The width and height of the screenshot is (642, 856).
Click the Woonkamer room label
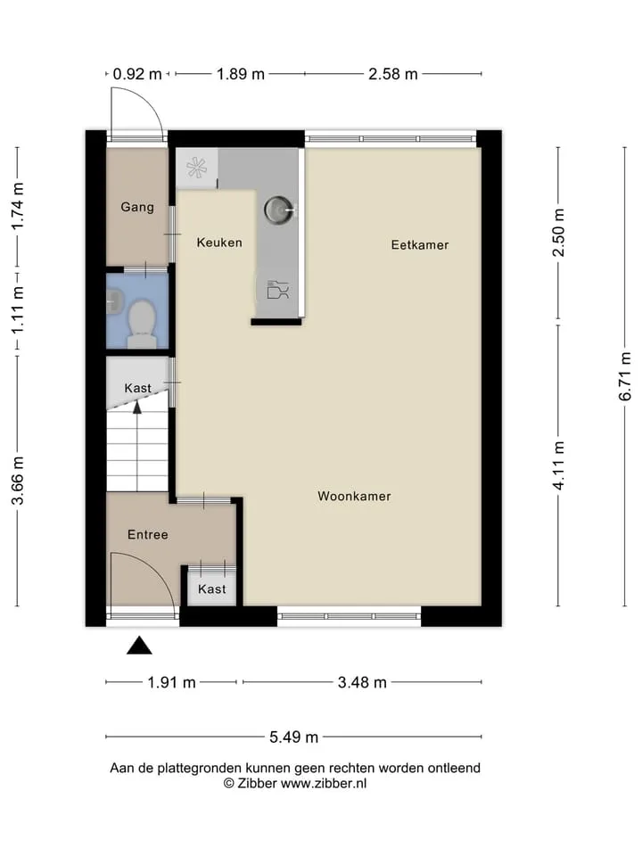point(354,497)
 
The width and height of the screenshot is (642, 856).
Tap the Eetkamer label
point(420,245)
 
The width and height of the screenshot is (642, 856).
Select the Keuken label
point(219,243)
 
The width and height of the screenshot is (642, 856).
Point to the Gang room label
point(137,208)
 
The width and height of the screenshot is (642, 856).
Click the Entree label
point(147,534)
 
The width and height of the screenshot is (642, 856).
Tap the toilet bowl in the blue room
point(142,324)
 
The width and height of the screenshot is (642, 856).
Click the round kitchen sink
point(279,209)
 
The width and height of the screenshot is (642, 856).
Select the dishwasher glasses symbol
point(278,289)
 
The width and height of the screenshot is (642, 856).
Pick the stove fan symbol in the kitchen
point(196,168)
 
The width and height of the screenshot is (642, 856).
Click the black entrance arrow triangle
point(139,646)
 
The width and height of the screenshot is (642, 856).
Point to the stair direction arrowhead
point(137,407)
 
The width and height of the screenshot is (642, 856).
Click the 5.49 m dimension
point(293,737)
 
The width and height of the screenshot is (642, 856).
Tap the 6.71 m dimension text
point(625,376)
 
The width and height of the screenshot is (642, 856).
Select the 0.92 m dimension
point(137,74)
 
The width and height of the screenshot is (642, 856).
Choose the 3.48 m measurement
point(362,682)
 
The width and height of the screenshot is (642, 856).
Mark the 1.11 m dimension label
point(18,310)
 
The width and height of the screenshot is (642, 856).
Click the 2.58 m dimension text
point(393,74)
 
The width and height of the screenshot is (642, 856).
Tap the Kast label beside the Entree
point(212,589)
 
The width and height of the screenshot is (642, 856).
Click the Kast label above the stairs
point(137,388)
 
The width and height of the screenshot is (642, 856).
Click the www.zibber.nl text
point(324,784)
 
